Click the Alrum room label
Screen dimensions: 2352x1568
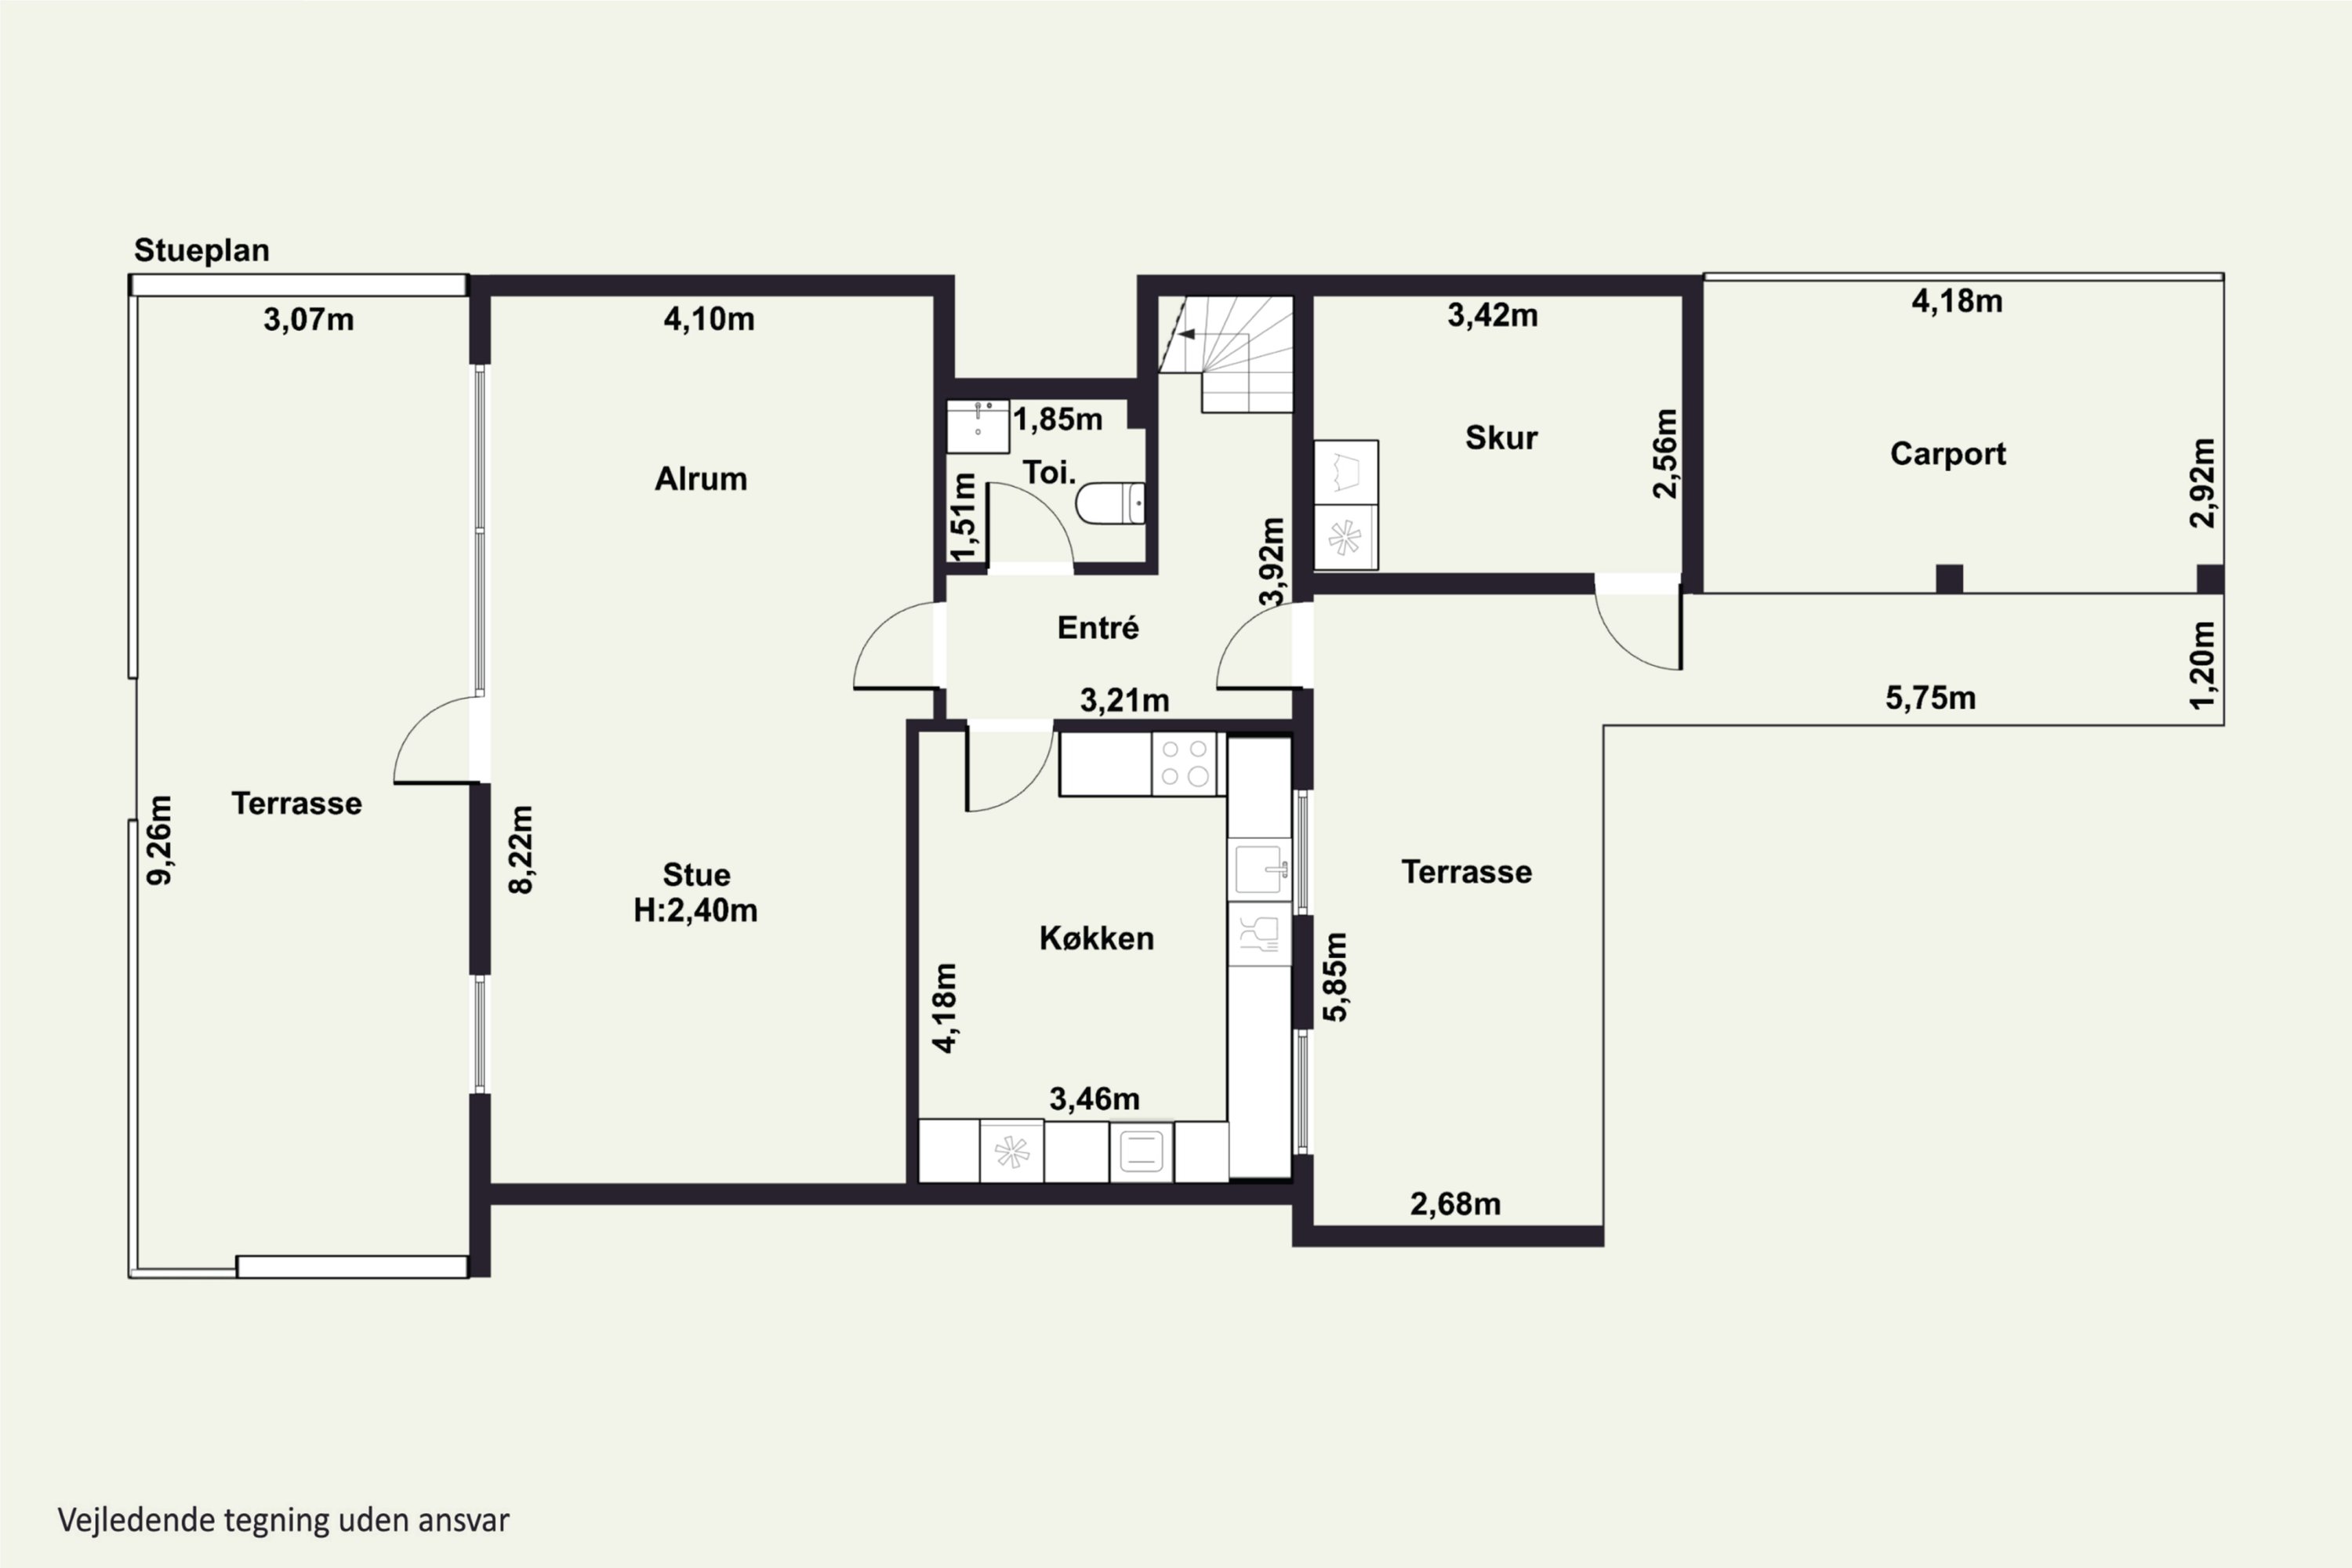(700, 479)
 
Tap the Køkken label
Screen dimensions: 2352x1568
(1097, 938)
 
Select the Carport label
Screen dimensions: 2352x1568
(1948, 454)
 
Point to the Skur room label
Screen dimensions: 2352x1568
(1501, 438)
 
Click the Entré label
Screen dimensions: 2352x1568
(1098, 628)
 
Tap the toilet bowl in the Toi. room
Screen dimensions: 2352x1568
(1110, 503)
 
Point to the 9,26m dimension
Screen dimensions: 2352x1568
(160, 840)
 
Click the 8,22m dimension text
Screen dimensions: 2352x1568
(521, 850)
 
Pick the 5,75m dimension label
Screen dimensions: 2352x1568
(1930, 698)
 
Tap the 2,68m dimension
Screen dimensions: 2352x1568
(1455, 1204)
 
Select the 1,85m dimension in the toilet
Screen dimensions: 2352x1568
(1058, 419)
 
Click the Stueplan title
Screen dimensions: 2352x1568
(202, 250)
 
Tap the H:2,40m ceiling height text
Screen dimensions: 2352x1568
(696, 910)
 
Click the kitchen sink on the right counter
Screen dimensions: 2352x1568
(1260, 869)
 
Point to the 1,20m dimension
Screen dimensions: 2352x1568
(2202, 666)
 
